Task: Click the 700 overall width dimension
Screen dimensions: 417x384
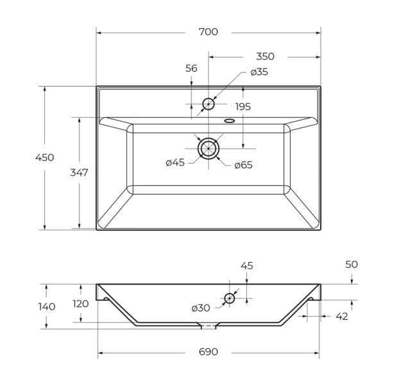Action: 208,32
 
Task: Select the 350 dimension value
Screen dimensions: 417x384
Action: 265,56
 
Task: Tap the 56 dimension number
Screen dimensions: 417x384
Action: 191,69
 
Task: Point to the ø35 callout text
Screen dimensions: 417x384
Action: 259,72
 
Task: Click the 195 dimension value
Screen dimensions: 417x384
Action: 243,106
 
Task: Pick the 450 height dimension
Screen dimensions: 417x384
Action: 45,157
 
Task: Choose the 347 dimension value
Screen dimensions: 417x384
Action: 79,172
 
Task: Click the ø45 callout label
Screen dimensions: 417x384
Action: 175,162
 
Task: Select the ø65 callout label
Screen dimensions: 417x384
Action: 243,165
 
